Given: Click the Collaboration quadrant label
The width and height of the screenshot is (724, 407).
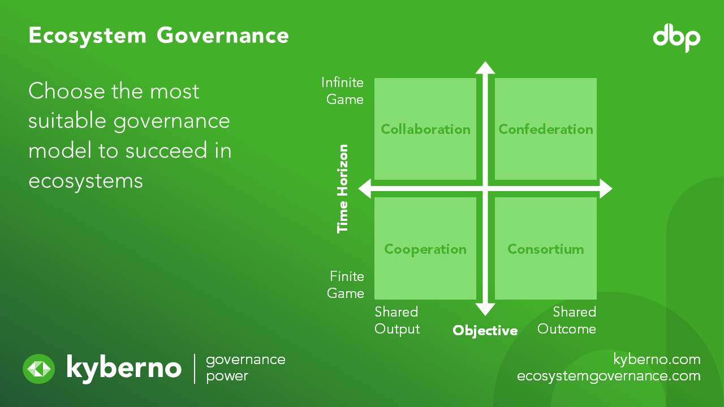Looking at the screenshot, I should pos(425,129).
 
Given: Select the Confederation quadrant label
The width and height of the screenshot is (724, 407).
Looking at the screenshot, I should pos(546,129).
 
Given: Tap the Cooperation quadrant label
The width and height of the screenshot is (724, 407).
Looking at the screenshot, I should pos(425,249).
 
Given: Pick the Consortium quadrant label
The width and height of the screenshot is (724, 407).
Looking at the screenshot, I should pos(546,249).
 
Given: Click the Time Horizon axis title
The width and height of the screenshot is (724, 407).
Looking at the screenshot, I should pos(343,189).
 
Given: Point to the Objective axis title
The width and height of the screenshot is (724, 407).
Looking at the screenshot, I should pos(485,331).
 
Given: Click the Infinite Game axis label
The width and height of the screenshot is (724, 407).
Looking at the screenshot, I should pos(342,91).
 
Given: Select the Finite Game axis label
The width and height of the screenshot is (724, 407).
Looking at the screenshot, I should pos(346,285).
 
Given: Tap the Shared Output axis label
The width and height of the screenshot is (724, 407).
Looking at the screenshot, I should pos(397,321).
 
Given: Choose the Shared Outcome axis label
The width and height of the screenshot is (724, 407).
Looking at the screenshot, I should pos(567,321).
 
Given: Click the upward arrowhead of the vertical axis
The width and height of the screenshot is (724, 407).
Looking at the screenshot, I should pos(485,68).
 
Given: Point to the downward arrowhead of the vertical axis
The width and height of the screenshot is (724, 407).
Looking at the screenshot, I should pos(485,309).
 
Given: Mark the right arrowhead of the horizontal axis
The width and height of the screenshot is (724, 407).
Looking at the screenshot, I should pos(605,189).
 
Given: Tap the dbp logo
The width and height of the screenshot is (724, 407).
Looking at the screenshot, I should pos(676,38).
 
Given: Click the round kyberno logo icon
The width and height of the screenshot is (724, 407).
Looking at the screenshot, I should pos(38,369).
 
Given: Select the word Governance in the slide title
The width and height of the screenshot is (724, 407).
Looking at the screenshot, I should pos(223,36).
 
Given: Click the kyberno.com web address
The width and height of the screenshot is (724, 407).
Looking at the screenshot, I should pos(657,359).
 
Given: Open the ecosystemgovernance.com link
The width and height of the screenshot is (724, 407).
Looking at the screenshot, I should pos(609,376).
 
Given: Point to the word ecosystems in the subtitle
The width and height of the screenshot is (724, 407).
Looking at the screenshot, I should pos(85,180).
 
